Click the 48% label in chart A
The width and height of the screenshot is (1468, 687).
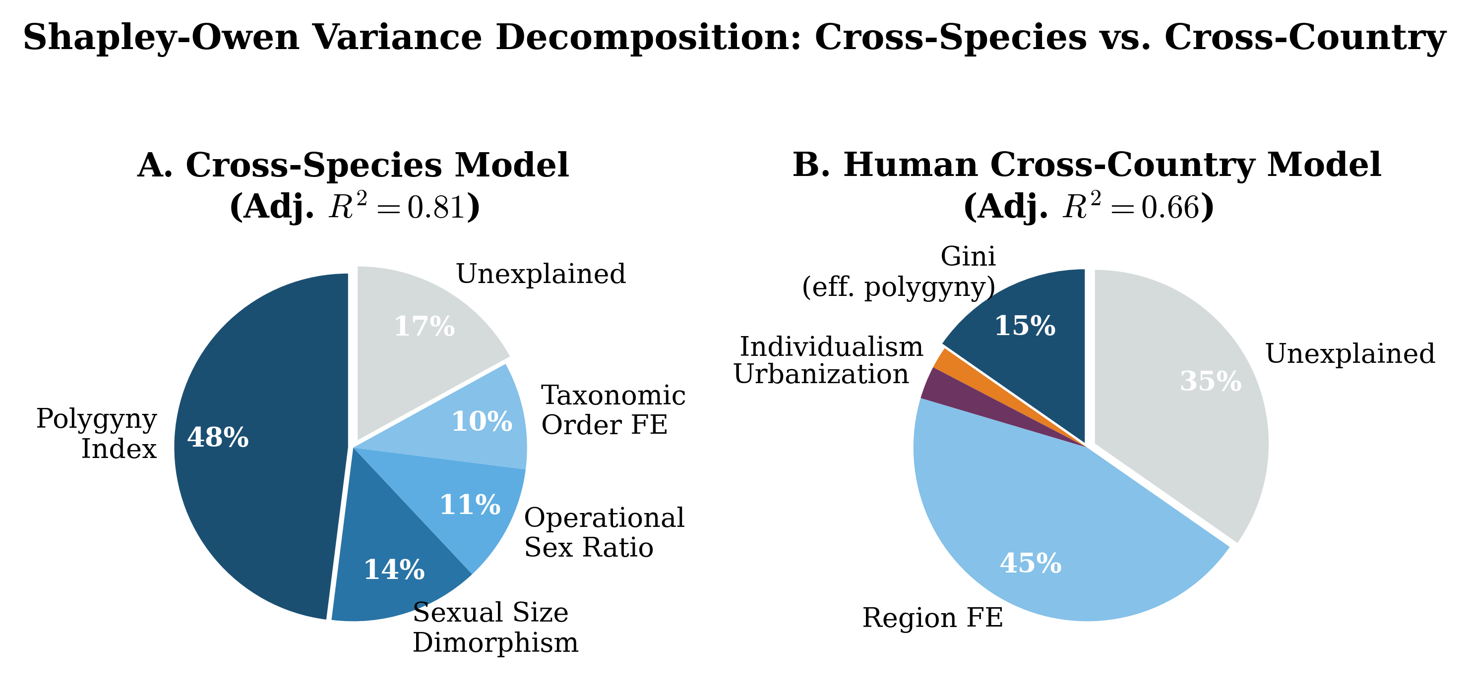tap(218, 438)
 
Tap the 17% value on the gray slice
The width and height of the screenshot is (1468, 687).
tap(425, 327)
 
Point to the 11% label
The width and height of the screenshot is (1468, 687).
tap(470, 505)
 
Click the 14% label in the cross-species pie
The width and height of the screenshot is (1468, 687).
tap(394, 570)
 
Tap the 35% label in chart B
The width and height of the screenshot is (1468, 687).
tap(1211, 382)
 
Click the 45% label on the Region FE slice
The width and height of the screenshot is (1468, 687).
tap(1031, 564)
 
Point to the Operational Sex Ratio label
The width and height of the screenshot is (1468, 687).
tap(604, 533)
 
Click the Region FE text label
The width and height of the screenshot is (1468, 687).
tap(932, 618)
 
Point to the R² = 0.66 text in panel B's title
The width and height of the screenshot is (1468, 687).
tap(1131, 207)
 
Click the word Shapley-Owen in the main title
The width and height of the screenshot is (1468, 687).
tap(161, 38)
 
